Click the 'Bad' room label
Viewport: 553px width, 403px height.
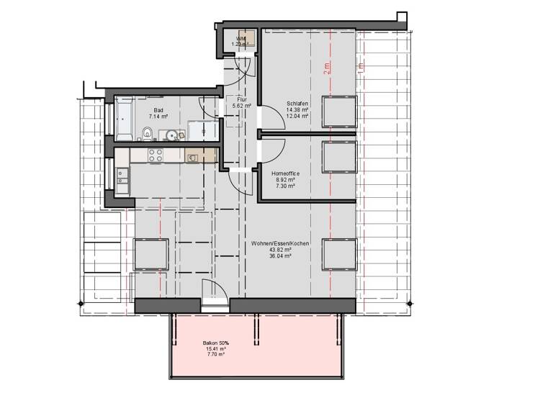[158, 110]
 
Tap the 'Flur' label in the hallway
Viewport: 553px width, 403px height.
[242, 99]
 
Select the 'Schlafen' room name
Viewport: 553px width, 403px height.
[297, 102]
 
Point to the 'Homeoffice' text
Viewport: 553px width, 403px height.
[286, 173]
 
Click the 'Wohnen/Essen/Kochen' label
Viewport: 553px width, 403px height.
[280, 244]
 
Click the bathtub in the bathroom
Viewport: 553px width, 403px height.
[122, 120]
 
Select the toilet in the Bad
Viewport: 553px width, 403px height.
[146, 132]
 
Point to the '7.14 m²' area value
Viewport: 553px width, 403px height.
[158, 117]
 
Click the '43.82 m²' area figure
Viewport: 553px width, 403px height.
[280, 250]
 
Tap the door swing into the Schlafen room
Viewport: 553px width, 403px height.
[267, 116]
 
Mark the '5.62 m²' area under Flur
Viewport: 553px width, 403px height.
[242, 106]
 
